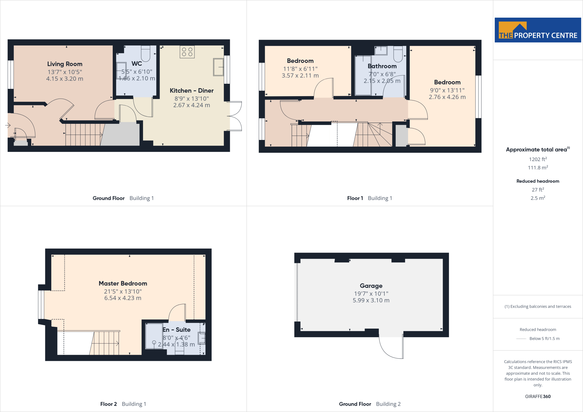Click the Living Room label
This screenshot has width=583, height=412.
point(65,64)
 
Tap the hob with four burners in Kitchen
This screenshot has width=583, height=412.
point(187,52)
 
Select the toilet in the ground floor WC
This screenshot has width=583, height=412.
point(145,54)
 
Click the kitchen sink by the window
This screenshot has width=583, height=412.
point(218,67)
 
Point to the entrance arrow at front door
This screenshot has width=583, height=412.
point(8,125)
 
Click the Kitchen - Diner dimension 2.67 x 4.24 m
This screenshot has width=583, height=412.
point(192,105)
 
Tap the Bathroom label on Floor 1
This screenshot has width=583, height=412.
point(382,66)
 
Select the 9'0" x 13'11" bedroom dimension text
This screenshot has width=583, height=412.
point(447,90)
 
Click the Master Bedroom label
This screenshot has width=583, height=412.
point(123,283)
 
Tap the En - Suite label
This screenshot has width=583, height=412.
point(176,330)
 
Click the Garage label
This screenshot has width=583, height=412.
point(371,286)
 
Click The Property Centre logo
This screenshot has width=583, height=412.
point(538,30)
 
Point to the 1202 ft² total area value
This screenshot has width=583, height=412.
point(538,159)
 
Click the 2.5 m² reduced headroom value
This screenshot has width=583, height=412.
point(538,198)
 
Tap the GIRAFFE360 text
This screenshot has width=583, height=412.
point(538,396)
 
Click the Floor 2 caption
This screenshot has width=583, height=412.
point(108,404)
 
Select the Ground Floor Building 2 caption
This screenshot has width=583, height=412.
point(369,404)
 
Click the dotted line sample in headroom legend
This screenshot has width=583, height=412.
point(521,339)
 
